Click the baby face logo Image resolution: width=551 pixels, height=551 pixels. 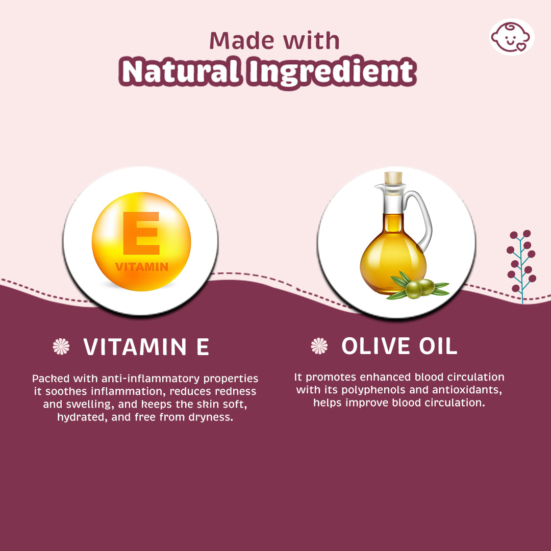coord(512,37)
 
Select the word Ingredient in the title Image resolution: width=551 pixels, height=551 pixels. coord(331,73)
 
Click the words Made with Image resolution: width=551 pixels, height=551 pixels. coord(274,40)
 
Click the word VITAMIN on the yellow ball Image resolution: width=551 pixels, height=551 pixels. coord(141,267)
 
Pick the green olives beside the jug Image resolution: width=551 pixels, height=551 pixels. coord(420,288)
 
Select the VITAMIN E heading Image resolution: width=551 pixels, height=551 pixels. coord(146,347)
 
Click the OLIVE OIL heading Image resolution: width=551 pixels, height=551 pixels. coord(399,346)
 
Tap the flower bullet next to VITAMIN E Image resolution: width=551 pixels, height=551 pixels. coord(61,347)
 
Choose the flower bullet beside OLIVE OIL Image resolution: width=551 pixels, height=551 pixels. coord(319,346)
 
